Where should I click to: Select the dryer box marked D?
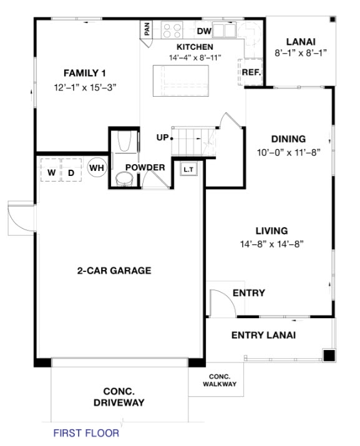[x=71, y=171]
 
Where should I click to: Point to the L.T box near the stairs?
[x=188, y=169]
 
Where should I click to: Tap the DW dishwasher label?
[x=204, y=31]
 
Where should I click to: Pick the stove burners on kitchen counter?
[x=171, y=30]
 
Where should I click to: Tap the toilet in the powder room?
[x=124, y=179]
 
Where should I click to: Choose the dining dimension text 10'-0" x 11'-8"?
[x=288, y=152]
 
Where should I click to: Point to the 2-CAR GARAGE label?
[x=114, y=271]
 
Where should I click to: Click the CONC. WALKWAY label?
[x=220, y=380]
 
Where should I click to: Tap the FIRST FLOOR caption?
[x=85, y=432]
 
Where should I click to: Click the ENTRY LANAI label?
[x=263, y=335]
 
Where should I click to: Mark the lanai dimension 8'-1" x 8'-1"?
[x=301, y=54]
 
